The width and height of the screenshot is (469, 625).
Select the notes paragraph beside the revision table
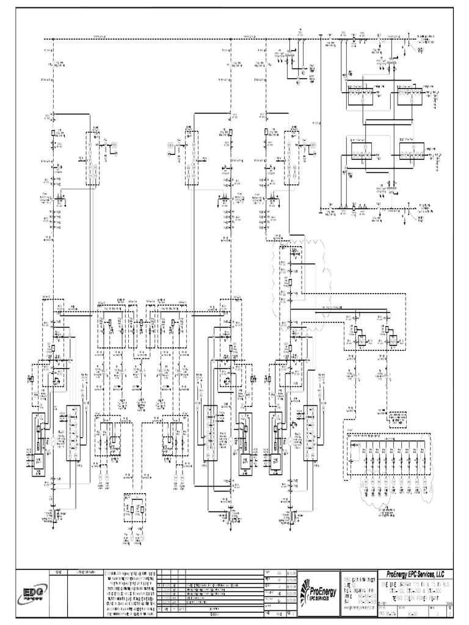pyautogui.click(x=130, y=592)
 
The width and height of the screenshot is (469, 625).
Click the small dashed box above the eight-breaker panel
pyautogui.click(x=399, y=417)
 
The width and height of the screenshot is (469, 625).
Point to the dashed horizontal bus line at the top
pyautogui.click(x=183, y=40)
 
